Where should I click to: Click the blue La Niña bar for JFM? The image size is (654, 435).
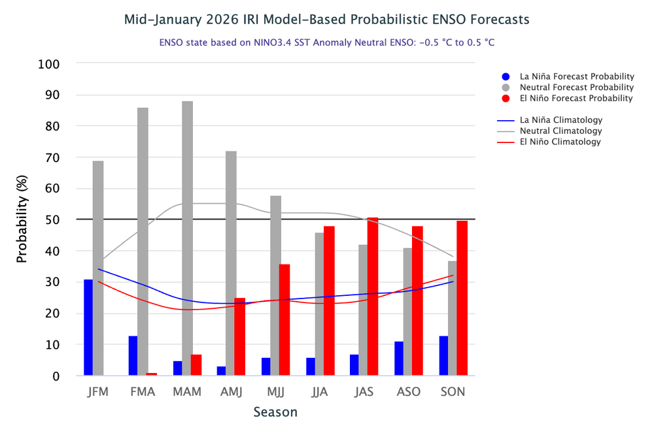pos(88,327)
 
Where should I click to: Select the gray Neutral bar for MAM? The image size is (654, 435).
pos(187,238)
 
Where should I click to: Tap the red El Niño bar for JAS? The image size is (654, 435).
pos(373,297)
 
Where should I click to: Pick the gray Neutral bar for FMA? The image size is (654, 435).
pos(143,242)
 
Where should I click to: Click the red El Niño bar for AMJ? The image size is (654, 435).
pos(240,336)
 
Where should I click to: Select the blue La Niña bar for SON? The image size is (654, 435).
pos(444,356)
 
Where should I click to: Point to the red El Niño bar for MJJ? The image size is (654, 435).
pos(284,320)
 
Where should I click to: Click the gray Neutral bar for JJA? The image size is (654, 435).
pos(320,304)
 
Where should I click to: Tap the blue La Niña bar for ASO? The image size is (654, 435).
pos(399,359)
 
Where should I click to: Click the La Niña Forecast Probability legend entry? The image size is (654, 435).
pos(568,76)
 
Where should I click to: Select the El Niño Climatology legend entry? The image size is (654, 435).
pos(549,142)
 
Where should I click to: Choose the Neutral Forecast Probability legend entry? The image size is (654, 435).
pos(568,88)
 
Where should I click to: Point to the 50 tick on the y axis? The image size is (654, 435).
pos(52,220)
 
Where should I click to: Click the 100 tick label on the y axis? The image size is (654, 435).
pos(49,64)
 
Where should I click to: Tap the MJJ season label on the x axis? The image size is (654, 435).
pos(276,392)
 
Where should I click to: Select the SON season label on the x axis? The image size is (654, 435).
pos(453,392)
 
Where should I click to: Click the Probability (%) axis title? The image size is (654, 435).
pos(22,219)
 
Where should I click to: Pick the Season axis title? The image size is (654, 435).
pos(276,412)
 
